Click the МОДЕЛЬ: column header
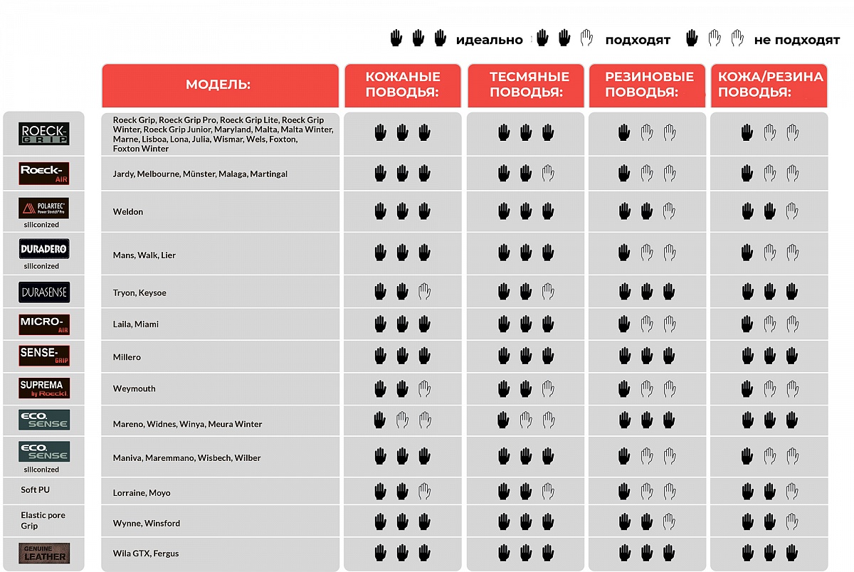coord(218,85)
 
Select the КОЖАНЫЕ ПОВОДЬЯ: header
coord(403,85)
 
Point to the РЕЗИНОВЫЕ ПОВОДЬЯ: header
coord(648,85)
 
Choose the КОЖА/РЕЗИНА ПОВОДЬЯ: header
coord(770,85)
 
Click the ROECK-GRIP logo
coord(44,134)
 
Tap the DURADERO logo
coord(44,249)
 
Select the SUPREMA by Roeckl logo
coord(44,388)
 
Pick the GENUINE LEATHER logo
coord(44,553)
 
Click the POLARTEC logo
coord(44,208)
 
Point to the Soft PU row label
coord(36,490)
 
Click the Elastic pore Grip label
coord(43,520)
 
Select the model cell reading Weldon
coord(128,212)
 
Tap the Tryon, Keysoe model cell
coord(139,293)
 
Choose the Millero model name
coord(127,357)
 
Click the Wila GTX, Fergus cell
coord(146,554)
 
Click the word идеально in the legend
coord(489,40)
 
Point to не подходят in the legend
coord(797,40)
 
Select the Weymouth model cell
coord(134,389)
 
